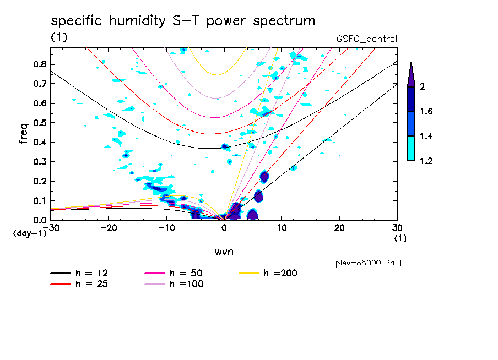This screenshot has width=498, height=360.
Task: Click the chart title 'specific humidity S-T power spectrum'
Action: click(x=183, y=21)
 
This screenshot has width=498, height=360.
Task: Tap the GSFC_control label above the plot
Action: click(x=366, y=39)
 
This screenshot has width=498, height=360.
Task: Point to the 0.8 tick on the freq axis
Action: click(x=40, y=64)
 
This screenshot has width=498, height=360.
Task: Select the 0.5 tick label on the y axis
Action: click(x=40, y=123)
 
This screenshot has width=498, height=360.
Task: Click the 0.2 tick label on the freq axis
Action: click(x=40, y=181)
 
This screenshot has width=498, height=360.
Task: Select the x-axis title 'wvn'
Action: click(x=224, y=252)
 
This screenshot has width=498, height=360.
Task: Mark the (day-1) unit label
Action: click(x=29, y=233)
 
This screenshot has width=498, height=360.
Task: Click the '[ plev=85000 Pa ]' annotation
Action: click(x=365, y=263)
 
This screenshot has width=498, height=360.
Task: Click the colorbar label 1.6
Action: click(x=426, y=112)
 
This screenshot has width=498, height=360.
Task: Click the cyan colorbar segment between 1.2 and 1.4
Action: click(x=411, y=149)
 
